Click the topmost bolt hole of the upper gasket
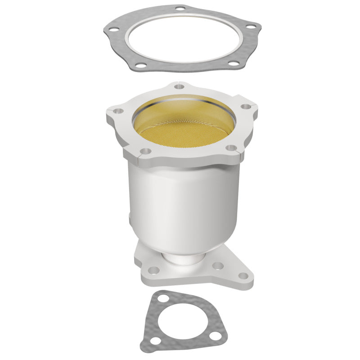180,9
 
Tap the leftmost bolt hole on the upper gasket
110,28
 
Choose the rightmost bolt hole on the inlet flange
246,107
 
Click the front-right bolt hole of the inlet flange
230,148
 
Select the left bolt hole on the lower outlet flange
154,271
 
